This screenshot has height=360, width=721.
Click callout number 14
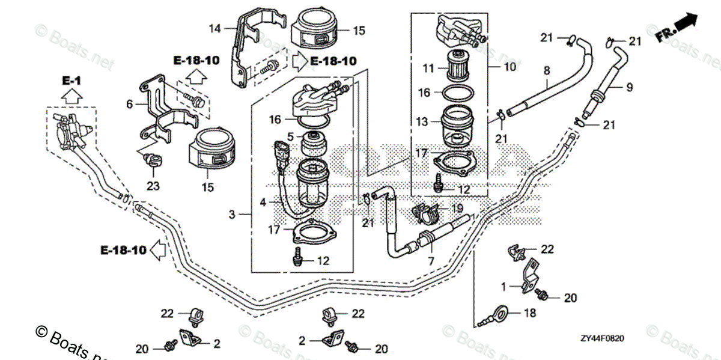click(215, 28)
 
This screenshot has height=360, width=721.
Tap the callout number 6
click(129, 104)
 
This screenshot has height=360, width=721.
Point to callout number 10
click(510, 67)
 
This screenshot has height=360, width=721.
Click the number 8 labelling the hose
click(547, 70)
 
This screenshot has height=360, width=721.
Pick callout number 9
click(629, 88)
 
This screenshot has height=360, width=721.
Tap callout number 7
click(430, 262)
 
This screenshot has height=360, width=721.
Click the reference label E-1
click(70, 80)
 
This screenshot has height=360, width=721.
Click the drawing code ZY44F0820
click(602, 339)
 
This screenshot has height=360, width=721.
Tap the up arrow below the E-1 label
click(70, 96)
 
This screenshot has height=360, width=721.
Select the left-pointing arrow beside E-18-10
click(157, 249)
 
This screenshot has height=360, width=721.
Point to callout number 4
click(263, 203)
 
